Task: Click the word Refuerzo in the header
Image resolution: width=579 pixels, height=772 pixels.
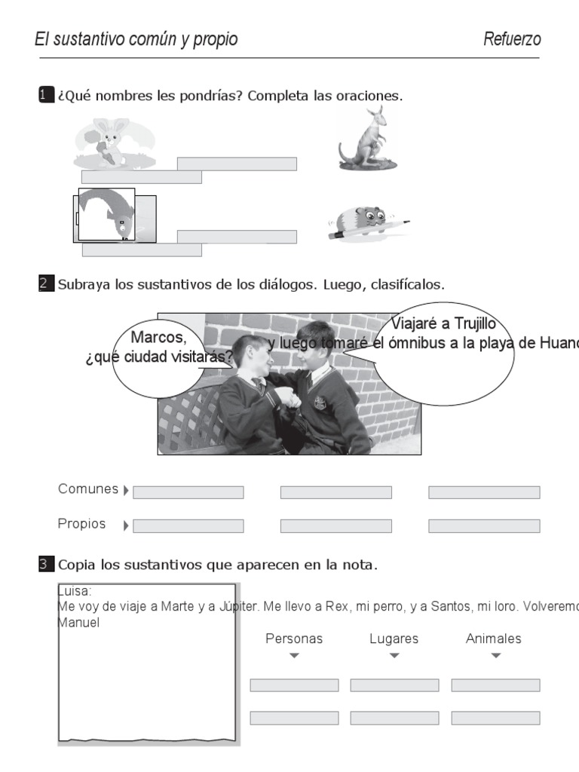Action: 512,39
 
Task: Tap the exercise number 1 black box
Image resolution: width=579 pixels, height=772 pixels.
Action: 46,95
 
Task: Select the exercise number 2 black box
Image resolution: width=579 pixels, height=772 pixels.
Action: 46,284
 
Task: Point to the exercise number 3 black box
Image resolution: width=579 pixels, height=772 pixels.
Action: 46,563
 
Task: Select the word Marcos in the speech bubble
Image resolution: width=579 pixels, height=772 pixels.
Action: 158,337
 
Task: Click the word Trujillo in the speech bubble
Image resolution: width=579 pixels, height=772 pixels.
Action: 468,324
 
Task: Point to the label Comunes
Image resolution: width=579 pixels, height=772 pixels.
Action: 88,489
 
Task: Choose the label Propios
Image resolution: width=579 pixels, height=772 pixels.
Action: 81,523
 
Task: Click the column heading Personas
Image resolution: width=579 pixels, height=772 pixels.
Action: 294,639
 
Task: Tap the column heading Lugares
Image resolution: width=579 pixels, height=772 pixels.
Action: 394,639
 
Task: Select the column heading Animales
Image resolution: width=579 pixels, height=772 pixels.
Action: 494,639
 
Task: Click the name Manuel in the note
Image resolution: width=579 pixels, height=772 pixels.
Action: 78,623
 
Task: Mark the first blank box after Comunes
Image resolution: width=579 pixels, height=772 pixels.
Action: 188,492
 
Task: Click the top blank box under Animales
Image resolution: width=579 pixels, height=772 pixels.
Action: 495,685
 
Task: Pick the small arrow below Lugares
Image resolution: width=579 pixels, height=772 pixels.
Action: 394,656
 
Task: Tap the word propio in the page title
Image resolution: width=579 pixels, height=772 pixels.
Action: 215,39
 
